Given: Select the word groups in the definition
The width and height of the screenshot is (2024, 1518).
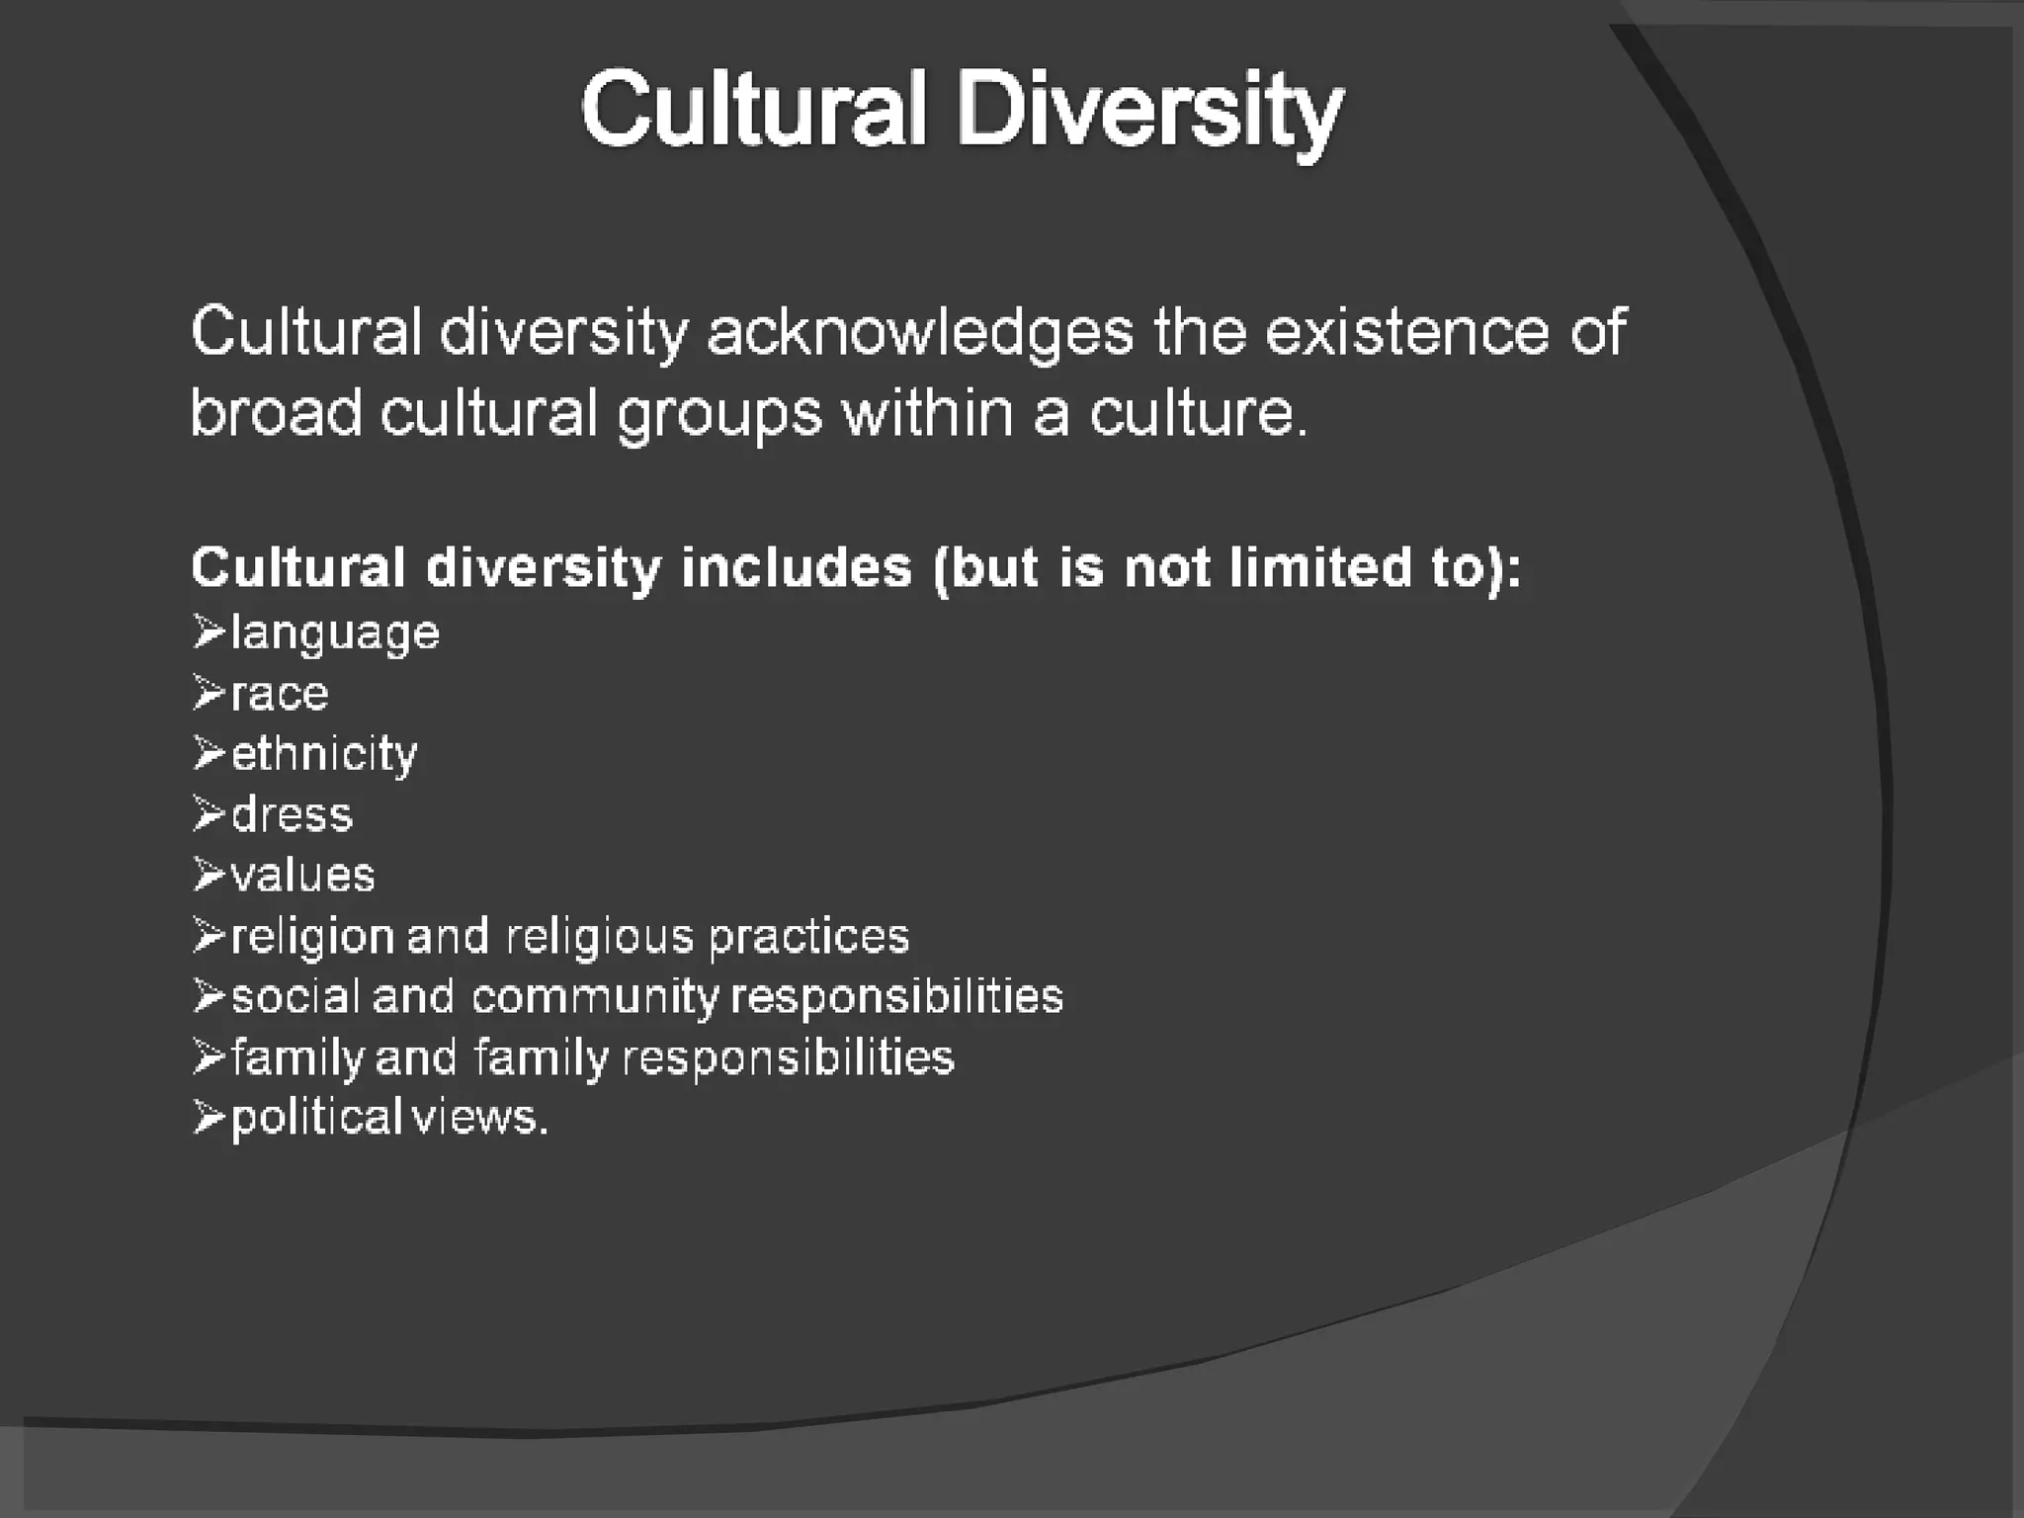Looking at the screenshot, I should [718, 413].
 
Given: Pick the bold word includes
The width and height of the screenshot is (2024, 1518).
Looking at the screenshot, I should [797, 567].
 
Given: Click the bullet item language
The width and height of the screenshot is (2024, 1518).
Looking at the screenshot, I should [335, 633].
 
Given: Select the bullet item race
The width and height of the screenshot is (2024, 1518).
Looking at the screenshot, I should [280, 694].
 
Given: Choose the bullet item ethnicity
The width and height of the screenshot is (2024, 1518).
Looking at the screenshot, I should [324, 755].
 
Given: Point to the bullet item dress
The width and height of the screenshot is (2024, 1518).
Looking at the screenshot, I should [292, 815].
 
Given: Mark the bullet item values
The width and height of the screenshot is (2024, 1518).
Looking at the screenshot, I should [302, 876].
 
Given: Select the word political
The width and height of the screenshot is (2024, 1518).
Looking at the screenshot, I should [316, 1118].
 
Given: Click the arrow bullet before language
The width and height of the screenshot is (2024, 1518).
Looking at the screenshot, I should [209, 632].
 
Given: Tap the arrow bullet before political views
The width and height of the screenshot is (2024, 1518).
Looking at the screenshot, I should [209, 1117].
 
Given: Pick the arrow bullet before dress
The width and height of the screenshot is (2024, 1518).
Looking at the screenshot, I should [209, 813].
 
